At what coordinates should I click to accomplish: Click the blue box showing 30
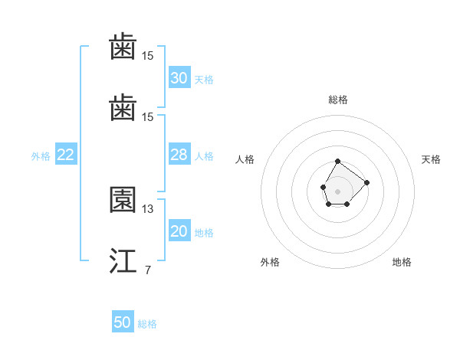click(x=179, y=78)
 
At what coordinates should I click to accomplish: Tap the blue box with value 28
click(x=179, y=155)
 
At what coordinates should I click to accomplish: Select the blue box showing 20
click(x=179, y=231)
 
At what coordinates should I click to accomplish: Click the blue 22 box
click(x=65, y=155)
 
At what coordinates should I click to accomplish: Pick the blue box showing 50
click(x=123, y=322)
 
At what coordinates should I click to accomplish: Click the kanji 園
click(x=123, y=200)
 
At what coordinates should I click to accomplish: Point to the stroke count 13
click(x=148, y=209)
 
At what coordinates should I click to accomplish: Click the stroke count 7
click(x=148, y=270)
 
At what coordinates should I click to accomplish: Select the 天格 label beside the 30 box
click(x=204, y=79)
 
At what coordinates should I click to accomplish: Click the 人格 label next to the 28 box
click(x=204, y=156)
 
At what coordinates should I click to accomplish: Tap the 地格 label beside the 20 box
click(x=204, y=233)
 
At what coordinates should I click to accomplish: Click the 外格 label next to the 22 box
click(x=41, y=156)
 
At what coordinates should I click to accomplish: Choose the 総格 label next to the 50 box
click(x=147, y=324)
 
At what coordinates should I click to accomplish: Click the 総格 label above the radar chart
click(x=338, y=100)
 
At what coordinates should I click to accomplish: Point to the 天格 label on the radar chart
click(x=431, y=159)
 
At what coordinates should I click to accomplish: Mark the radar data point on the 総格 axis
click(x=338, y=162)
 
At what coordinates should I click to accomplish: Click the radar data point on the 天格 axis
click(x=366, y=182)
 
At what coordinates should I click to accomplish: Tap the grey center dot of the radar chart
click(x=338, y=191)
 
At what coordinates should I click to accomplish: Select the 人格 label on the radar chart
click(x=245, y=159)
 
